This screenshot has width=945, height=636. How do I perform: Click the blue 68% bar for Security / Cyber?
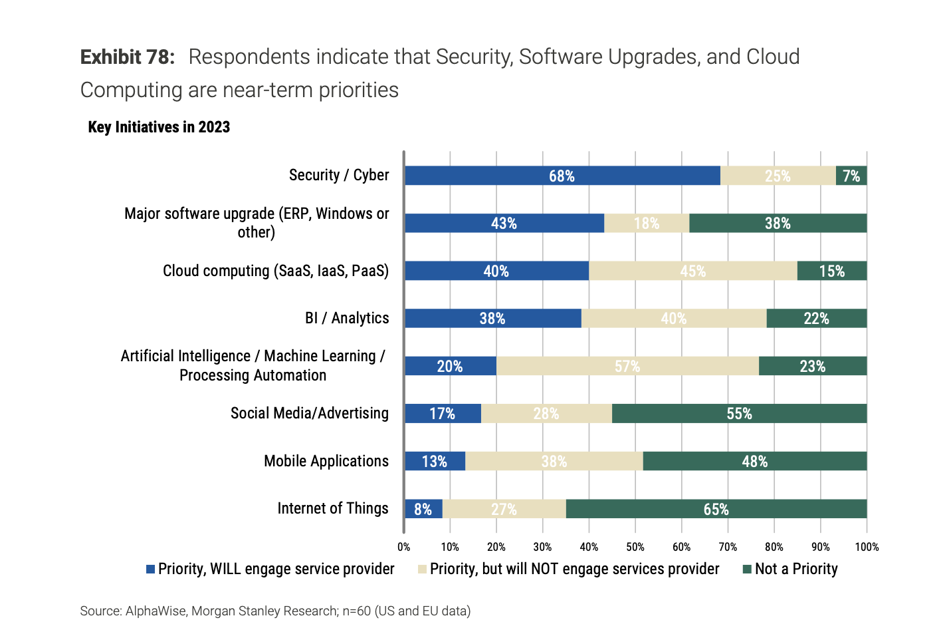coord(562,176)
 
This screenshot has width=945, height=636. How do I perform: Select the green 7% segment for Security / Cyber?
coord(851,176)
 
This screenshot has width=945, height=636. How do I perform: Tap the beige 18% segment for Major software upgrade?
coord(647,224)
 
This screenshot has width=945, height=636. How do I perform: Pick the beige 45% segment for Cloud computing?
coord(692,271)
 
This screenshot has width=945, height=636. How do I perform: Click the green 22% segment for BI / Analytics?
coord(816,319)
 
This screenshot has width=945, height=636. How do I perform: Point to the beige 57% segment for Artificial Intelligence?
coord(627,366)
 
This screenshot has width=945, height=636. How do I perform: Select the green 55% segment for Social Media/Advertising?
coord(739,414)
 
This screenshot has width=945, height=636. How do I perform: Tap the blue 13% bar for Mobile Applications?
coord(435,461)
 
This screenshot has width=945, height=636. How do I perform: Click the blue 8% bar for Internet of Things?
coord(423,509)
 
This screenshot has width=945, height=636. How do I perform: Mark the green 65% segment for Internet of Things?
coord(716,509)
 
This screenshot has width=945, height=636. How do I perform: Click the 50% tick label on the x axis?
coord(635,547)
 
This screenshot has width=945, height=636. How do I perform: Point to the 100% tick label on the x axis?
coord(866,547)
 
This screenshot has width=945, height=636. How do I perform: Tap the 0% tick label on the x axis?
coord(403,547)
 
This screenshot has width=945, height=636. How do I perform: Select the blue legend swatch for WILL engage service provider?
coord(151,569)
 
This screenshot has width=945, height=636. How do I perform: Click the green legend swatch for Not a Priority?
coord(747,569)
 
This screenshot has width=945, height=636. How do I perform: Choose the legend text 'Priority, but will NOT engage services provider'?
coord(574,569)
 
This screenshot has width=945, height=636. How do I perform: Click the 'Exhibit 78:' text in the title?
coord(127,57)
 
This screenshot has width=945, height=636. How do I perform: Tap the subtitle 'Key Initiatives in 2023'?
coord(159,127)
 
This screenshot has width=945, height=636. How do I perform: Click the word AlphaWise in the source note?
coord(156,611)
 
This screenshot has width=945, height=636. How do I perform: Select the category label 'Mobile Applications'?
coord(326,461)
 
